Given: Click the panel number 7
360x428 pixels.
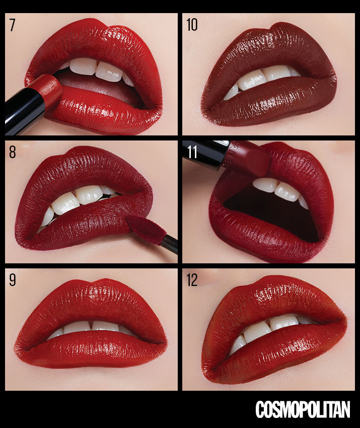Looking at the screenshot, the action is (x=12, y=25).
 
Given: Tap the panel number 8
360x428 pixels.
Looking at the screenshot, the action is (x=12, y=152).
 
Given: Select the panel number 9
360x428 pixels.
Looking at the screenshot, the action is (x=12, y=280).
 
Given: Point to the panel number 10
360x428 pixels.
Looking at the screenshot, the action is (x=192, y=25).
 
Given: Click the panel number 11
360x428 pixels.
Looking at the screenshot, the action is (x=192, y=152).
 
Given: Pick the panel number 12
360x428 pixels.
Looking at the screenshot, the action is (x=192, y=280).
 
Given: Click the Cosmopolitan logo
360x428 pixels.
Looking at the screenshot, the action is (x=303, y=409).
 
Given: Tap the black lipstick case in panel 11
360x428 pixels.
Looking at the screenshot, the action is (x=205, y=154).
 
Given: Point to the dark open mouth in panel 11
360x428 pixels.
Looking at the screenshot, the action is (x=273, y=213).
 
